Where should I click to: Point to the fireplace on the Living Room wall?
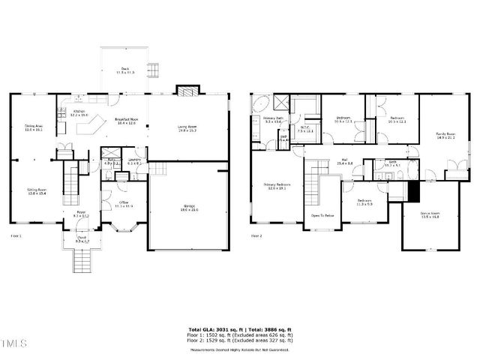185,90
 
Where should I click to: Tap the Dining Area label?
34,127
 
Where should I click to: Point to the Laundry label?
135,160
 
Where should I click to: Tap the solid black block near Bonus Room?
411,191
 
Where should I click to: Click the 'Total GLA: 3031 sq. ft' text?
212,329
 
